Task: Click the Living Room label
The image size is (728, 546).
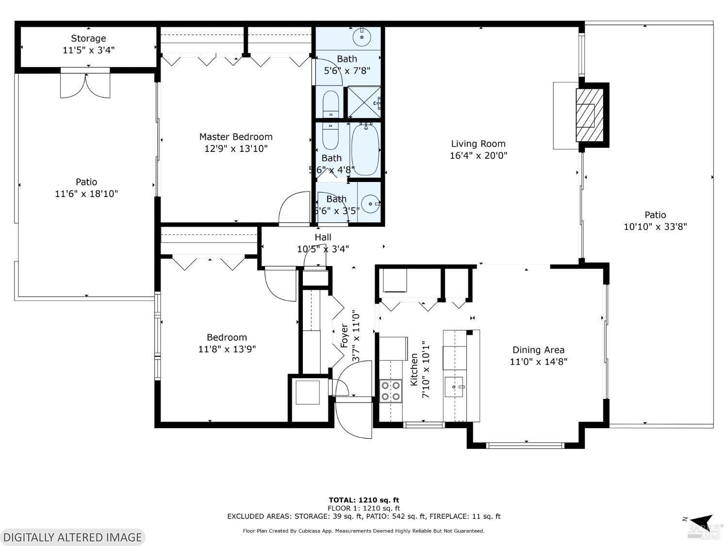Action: pos(478,144)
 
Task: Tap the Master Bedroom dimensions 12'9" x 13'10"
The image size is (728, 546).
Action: pos(236,149)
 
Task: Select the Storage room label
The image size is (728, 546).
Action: pos(88,38)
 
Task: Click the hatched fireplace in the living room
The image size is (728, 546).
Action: pos(585,116)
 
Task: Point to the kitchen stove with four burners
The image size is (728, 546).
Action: pos(391,391)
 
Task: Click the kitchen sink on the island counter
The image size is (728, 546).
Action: pos(454,387)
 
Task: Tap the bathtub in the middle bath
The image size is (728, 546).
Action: pos(364,149)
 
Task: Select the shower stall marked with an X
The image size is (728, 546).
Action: pos(364,102)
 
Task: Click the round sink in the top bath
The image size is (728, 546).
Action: pos(362,37)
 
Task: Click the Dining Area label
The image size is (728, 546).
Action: pos(538,350)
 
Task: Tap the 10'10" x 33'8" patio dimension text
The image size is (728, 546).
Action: pos(655,227)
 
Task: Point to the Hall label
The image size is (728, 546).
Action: pos(323,237)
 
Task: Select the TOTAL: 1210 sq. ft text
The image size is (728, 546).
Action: pos(364,500)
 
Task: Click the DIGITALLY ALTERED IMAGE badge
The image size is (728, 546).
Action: pos(73,537)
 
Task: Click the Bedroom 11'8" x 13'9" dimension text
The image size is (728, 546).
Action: pos(227,349)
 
